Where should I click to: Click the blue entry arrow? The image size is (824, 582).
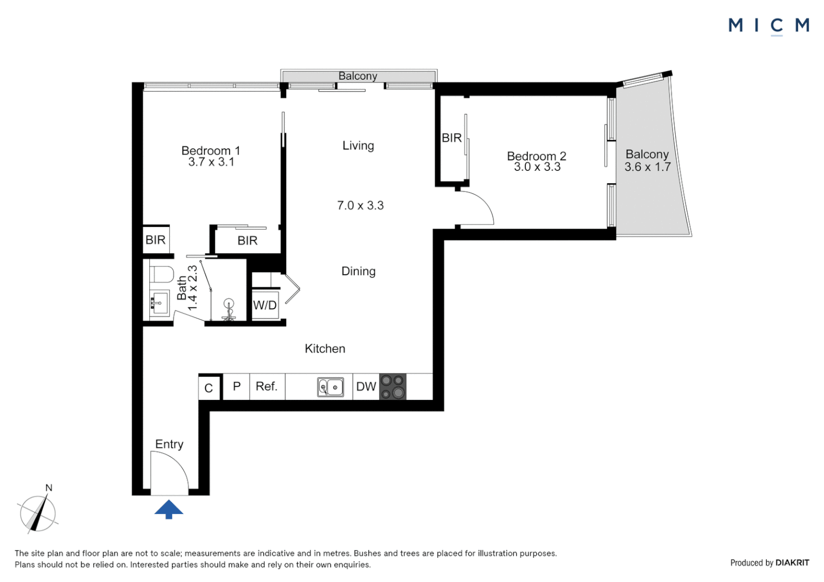click(168, 509)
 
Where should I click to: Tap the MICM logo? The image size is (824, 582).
click(768, 26)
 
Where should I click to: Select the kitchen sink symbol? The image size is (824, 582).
click(331, 387)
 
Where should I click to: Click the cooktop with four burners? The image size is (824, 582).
click(393, 387)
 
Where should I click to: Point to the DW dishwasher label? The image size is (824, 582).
click(366, 386)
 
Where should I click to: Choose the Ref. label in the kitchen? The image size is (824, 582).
click(266, 386)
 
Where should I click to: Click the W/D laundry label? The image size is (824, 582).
click(265, 305)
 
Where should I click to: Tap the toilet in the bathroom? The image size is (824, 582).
click(161, 274)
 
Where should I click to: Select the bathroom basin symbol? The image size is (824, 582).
click(159, 303)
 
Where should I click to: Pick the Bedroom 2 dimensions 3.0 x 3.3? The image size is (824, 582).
click(537, 167)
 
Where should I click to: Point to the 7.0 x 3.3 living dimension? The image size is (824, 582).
click(360, 205)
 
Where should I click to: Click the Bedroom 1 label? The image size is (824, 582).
click(211, 151)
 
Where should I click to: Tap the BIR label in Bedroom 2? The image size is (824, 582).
click(451, 138)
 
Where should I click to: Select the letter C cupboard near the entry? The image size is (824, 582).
click(209, 388)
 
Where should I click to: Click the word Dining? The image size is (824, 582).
click(358, 271)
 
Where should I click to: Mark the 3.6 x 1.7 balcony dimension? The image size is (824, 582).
click(648, 167)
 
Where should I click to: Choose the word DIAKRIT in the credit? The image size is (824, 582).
click(792, 563)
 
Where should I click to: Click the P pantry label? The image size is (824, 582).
click(237, 386)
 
